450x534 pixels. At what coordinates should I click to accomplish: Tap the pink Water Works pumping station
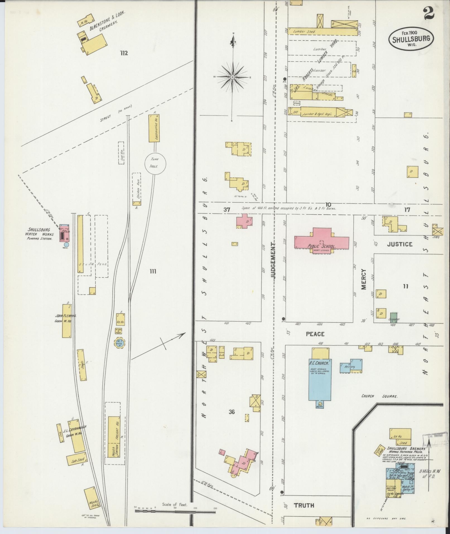[x=64, y=233]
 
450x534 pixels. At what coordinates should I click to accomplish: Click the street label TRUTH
[x=304, y=505]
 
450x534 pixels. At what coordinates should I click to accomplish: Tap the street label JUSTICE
[x=400, y=244]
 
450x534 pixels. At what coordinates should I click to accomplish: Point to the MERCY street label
[x=364, y=279]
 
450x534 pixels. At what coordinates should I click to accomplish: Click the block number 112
[x=124, y=53]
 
